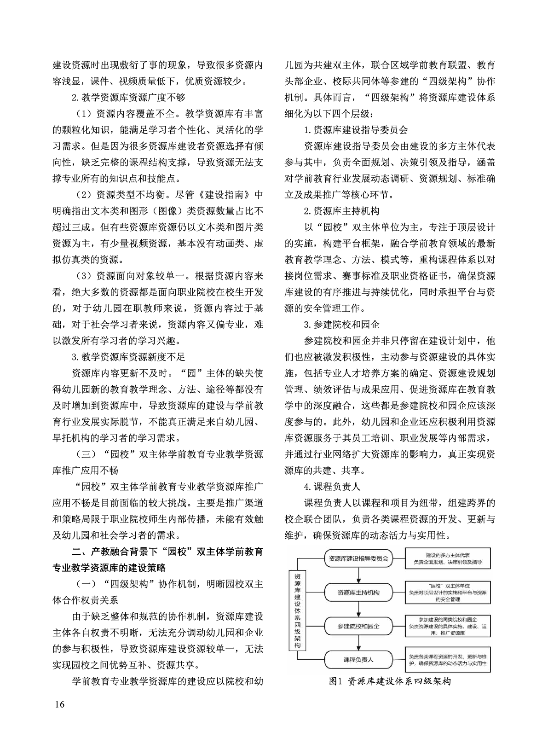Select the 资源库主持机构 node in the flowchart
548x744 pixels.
[x=358, y=592]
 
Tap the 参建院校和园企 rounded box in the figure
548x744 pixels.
[x=358, y=626]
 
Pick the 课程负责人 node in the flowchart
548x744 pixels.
[x=358, y=659]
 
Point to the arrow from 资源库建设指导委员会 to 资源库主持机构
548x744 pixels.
[x=358, y=575]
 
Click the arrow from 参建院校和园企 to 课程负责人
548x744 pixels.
[x=358, y=643]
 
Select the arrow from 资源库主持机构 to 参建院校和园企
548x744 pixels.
[x=358, y=609]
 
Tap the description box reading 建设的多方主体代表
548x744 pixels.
[x=447, y=558]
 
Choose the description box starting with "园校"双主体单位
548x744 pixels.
[x=447, y=592]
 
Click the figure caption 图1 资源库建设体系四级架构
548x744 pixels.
[x=390, y=681]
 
